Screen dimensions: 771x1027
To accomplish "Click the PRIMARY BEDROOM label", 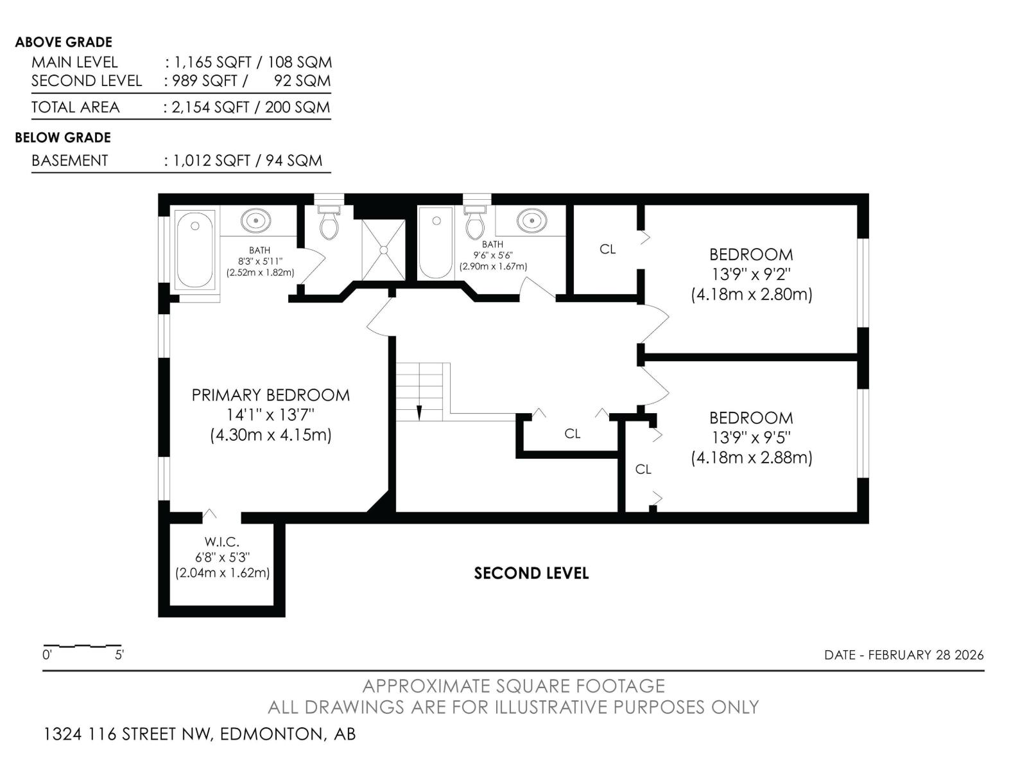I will (270, 394).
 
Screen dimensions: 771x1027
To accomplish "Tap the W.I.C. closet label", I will (222, 542).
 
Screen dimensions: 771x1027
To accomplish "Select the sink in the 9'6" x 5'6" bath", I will (531, 220).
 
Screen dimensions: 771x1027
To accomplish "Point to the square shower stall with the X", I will (383, 250).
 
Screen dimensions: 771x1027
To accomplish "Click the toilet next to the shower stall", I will (329, 222).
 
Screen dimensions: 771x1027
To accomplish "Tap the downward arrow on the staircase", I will (419, 411).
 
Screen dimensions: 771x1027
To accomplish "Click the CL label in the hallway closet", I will (572, 434).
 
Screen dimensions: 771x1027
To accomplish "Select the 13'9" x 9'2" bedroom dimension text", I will (751, 274).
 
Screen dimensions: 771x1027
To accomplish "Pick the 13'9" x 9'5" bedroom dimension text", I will (751, 438).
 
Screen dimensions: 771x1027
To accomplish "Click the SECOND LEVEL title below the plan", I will (531, 573).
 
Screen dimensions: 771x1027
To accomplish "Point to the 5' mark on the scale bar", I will (119, 655).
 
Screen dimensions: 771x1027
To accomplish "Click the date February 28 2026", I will (904, 655).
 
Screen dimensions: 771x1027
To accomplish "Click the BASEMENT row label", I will (69, 161).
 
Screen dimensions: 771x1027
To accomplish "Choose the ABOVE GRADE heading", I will (63, 42).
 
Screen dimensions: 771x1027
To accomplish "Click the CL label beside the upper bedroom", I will (607, 249).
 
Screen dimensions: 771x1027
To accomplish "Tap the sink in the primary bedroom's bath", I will (255, 220).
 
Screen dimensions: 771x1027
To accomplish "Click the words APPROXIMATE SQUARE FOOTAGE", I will (513, 686).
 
